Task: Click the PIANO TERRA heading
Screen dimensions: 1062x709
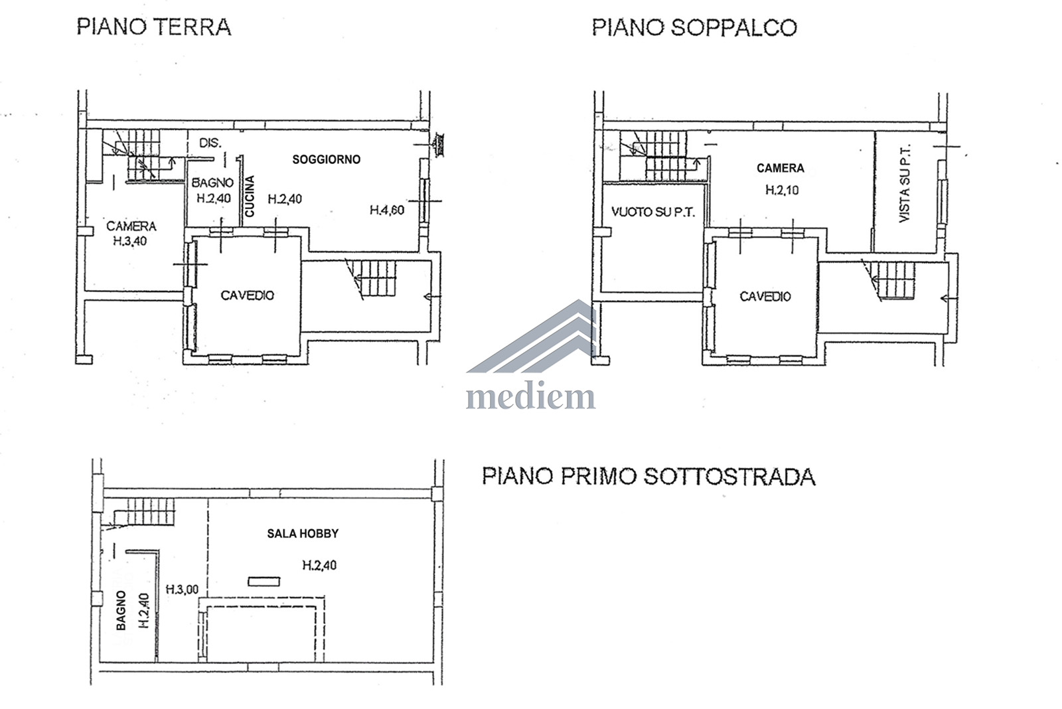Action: pyautogui.click(x=154, y=27)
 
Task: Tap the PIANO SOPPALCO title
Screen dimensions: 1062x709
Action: pyautogui.click(x=694, y=27)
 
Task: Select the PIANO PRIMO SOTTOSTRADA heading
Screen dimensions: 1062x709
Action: pyautogui.click(x=648, y=476)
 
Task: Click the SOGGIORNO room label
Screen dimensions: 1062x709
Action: pyautogui.click(x=326, y=159)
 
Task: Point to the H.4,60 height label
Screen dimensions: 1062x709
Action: pyautogui.click(x=387, y=210)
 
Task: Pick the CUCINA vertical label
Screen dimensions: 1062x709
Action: pyautogui.click(x=250, y=197)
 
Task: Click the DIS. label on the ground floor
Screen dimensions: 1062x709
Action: pyautogui.click(x=210, y=143)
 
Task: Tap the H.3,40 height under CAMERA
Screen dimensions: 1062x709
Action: pyautogui.click(x=130, y=241)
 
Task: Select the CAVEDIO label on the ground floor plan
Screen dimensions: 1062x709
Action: pyautogui.click(x=247, y=295)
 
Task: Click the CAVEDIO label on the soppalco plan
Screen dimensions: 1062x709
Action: pyautogui.click(x=765, y=296)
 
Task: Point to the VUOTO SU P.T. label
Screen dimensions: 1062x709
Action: pyautogui.click(x=653, y=212)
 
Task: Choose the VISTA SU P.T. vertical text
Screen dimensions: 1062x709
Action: pyautogui.click(x=905, y=183)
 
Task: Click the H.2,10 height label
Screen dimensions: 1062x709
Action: pyautogui.click(x=782, y=190)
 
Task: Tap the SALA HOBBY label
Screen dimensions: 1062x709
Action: pyautogui.click(x=303, y=534)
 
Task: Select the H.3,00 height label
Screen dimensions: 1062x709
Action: pyautogui.click(x=182, y=590)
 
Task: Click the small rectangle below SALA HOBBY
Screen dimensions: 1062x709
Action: pyautogui.click(x=264, y=582)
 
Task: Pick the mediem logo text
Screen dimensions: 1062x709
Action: pyautogui.click(x=530, y=396)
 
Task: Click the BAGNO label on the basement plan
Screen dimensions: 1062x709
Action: pyautogui.click(x=121, y=610)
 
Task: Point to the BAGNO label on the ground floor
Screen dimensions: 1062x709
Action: pyautogui.click(x=212, y=183)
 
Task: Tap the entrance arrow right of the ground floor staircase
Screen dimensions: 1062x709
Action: pyautogui.click(x=432, y=297)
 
